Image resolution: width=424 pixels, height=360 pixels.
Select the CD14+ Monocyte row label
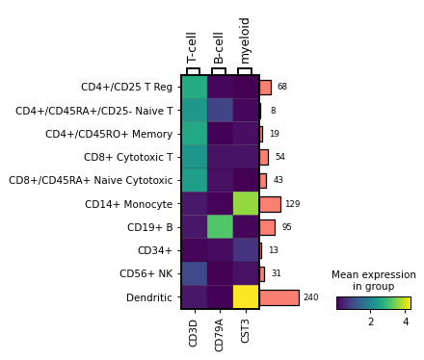tap(129, 204)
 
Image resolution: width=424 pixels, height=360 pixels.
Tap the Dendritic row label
tap(149, 298)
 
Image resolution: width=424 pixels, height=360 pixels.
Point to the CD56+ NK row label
tap(146, 274)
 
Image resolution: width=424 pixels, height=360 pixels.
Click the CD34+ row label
tap(154, 251)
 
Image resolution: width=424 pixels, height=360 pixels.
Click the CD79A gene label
tap(220, 332)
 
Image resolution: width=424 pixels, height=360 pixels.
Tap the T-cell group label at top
tap(193, 46)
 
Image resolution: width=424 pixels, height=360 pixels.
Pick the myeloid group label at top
tap(245, 39)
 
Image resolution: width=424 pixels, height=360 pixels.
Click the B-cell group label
tap(219, 46)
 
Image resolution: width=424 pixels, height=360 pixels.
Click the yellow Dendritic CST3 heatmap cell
tap(246, 297)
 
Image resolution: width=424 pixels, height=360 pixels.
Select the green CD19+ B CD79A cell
tap(220, 227)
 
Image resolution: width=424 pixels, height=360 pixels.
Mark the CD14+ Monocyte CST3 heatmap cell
tap(246, 204)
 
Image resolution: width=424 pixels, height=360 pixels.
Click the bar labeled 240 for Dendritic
tap(278, 297)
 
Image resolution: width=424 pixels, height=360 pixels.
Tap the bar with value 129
tap(270, 204)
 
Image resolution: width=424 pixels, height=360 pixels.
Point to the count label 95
tap(286, 228)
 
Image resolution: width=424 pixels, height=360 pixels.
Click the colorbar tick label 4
tap(406, 321)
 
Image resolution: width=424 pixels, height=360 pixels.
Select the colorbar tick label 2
tap(371, 321)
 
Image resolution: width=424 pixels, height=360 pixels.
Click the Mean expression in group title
tap(373, 280)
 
